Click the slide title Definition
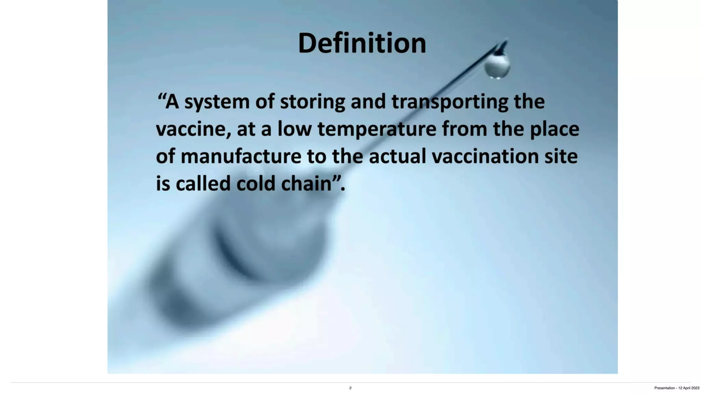362,43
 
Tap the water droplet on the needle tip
497,66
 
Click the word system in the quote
217,102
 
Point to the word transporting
450,102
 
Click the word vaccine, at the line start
193,129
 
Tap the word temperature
377,129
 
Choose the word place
555,129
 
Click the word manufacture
241,156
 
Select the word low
294,129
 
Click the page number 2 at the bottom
350,388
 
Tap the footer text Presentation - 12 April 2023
676,388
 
